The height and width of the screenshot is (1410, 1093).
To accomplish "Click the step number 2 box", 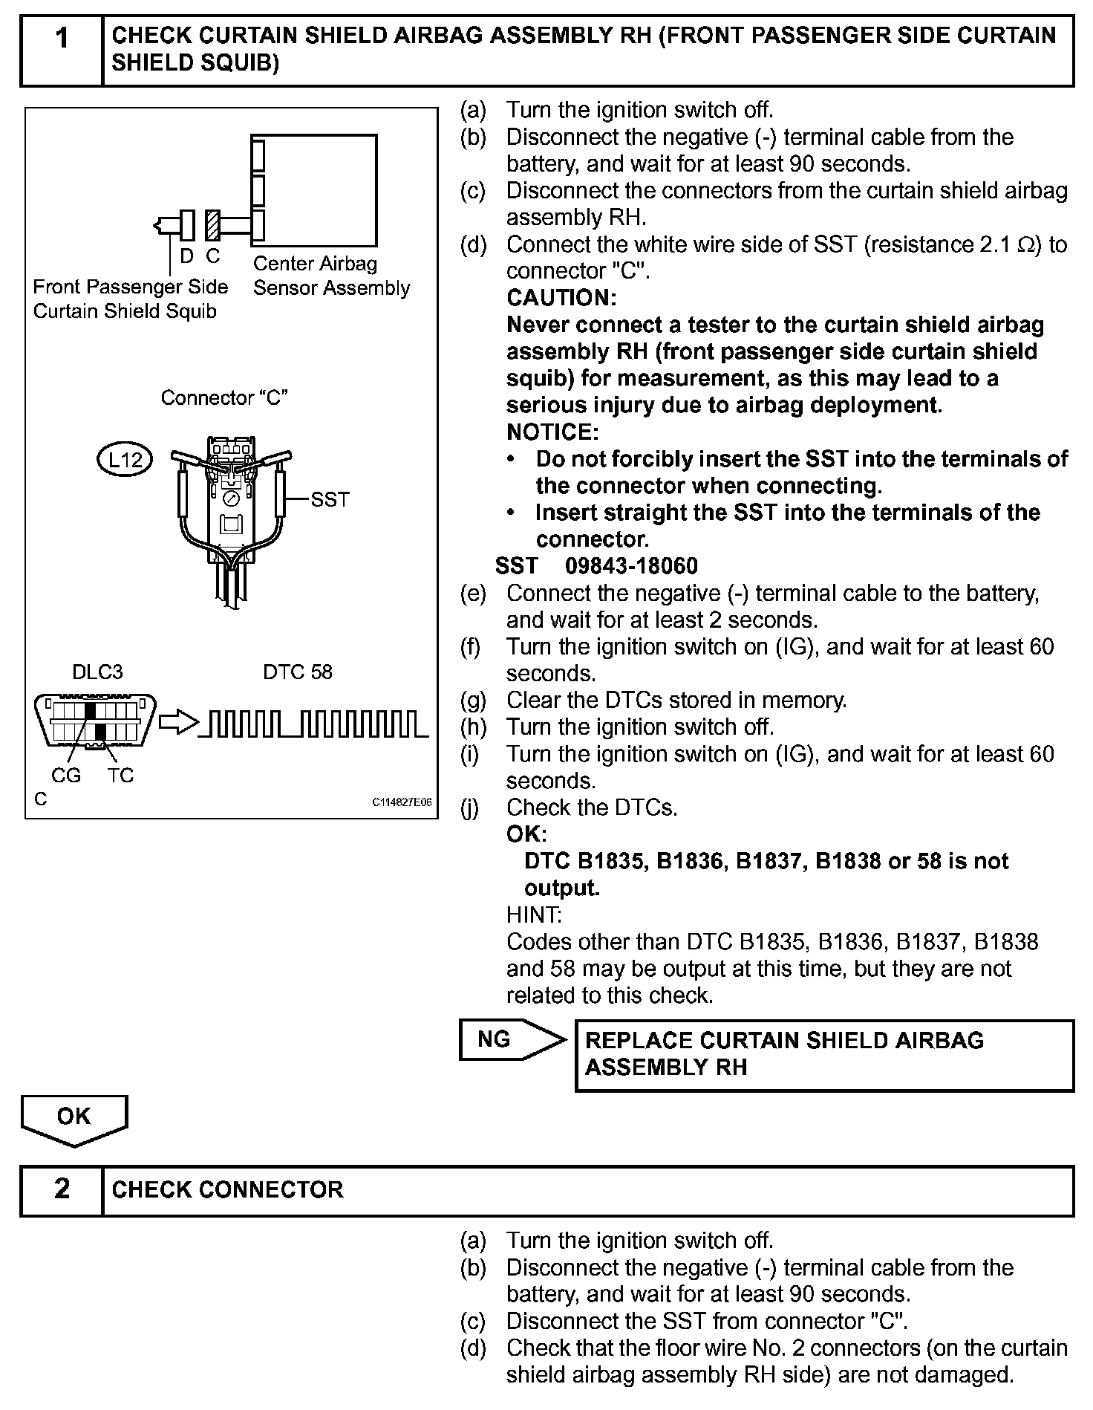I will (62, 1189).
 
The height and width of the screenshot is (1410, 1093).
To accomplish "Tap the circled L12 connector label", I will (125, 460).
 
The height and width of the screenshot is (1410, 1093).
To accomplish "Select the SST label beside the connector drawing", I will (330, 499).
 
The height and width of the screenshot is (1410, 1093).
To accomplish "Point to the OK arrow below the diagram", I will (74, 1117).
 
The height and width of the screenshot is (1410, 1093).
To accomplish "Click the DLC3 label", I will (97, 672).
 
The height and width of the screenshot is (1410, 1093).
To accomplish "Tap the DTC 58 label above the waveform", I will (298, 672).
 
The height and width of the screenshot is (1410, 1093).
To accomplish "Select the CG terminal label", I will (66, 776).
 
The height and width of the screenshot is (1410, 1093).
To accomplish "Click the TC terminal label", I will (120, 776).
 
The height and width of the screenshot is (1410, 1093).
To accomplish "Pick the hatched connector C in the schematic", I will (213, 225).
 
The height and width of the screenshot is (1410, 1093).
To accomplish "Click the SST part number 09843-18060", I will (631, 566).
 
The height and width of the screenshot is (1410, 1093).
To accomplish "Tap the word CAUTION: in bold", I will (561, 298).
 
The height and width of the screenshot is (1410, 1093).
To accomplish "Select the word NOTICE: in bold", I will (552, 432).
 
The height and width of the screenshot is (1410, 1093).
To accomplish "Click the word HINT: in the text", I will (534, 914).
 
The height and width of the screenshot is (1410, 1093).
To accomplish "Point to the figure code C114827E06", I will (402, 803).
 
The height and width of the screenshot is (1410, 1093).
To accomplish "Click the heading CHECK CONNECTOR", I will (227, 1189).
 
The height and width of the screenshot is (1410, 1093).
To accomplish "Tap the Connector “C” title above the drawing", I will (224, 398).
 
